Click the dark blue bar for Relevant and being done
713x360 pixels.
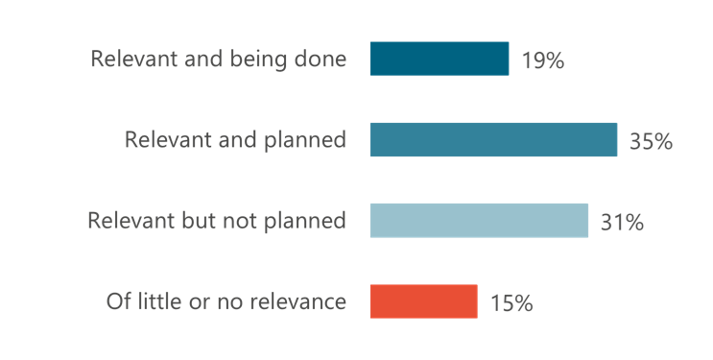pyautogui.click(x=439, y=60)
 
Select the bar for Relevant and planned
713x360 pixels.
pyautogui.click(x=493, y=140)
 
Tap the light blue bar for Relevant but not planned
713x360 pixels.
pyautogui.click(x=479, y=221)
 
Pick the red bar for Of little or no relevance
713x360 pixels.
pyautogui.click(x=423, y=301)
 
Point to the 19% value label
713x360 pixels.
pyautogui.click(x=542, y=61)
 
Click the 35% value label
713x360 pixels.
pyautogui.click(x=651, y=142)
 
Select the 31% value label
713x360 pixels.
pyautogui.click(x=622, y=223)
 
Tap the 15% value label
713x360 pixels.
pyautogui.click(x=511, y=303)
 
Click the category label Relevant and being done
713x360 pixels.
pyautogui.click(x=218, y=60)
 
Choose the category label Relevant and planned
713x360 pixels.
pyautogui.click(x=235, y=140)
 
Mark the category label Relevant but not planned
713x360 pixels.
pyautogui.click(x=217, y=221)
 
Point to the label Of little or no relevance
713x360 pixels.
pyautogui.click(x=226, y=301)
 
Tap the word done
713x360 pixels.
pyautogui.click(x=323, y=60)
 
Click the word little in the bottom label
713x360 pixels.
pyautogui.click(x=156, y=301)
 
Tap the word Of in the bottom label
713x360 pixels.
pyautogui.click(x=117, y=301)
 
